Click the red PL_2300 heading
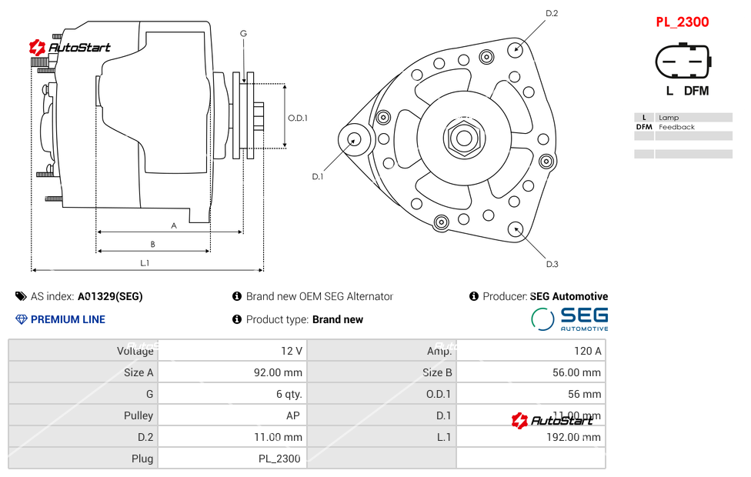click(x=682, y=22)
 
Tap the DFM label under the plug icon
click(x=696, y=91)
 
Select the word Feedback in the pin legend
click(x=676, y=127)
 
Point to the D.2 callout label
click(x=551, y=13)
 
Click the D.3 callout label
click(x=552, y=264)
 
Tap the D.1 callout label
click(x=317, y=176)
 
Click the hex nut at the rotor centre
click(x=463, y=138)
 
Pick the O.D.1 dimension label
click(x=298, y=118)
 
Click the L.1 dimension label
click(x=145, y=262)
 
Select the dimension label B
click(x=152, y=244)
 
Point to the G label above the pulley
click(x=243, y=33)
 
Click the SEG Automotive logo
click(x=569, y=318)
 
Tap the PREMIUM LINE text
click(x=68, y=319)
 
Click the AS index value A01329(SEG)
click(x=110, y=296)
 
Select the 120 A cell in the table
click(x=587, y=351)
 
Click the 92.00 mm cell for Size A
click(x=282, y=372)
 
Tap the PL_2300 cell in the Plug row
click(x=279, y=459)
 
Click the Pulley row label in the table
click(x=139, y=415)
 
